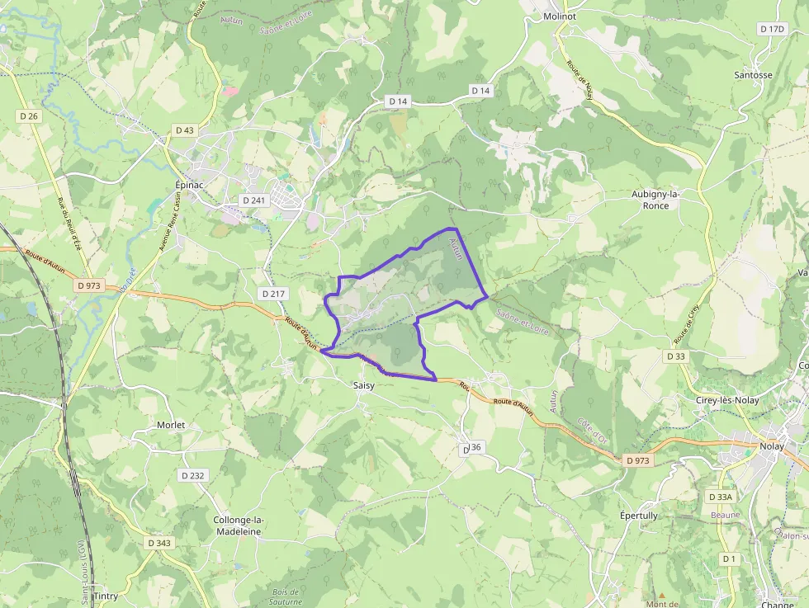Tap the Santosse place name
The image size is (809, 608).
pyautogui.click(x=753, y=74)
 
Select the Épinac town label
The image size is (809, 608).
pyautogui.click(x=189, y=185)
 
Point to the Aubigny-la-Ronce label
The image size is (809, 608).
pyautogui.click(x=655, y=200)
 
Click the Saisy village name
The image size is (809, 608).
pyautogui.click(x=363, y=385)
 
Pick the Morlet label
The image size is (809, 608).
pyautogui.click(x=171, y=425)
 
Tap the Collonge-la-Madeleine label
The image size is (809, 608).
pyautogui.click(x=238, y=526)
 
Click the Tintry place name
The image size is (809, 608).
pyautogui.click(x=105, y=596)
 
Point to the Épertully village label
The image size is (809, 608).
pyautogui.click(x=639, y=516)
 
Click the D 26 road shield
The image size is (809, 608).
pyautogui.click(x=28, y=116)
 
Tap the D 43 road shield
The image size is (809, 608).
pyautogui.click(x=185, y=130)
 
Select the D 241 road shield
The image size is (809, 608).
pyautogui.click(x=253, y=200)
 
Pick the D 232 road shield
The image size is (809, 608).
pyautogui.click(x=192, y=475)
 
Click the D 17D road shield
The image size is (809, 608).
pyautogui.click(x=772, y=29)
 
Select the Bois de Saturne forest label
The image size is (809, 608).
pyautogui.click(x=286, y=596)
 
